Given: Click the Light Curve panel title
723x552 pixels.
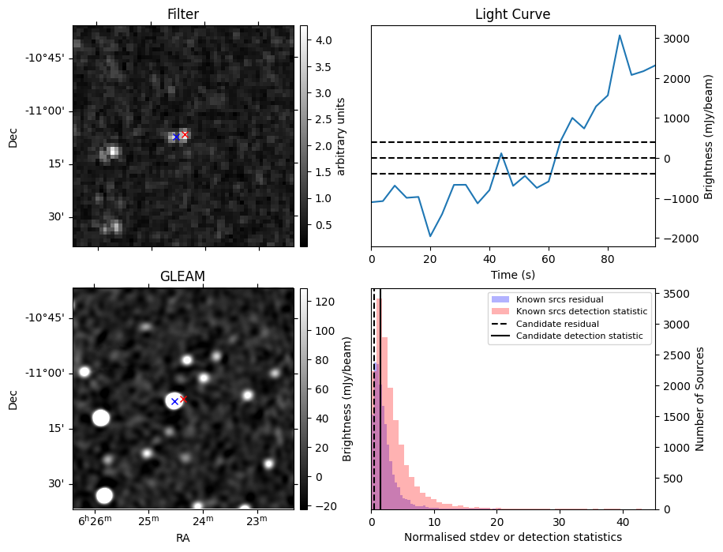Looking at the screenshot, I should pyautogui.click(x=512, y=14).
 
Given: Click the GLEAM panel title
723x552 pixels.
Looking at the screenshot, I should pyautogui.click(x=182, y=276).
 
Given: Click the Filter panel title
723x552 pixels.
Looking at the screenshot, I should pyautogui.click(x=182, y=14).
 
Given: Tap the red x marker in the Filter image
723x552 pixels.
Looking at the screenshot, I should pyautogui.click(x=185, y=134).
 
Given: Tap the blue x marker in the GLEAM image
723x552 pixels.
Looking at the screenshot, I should pyautogui.click(x=174, y=402).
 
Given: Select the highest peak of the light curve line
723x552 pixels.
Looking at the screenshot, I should pyautogui.click(x=620, y=36).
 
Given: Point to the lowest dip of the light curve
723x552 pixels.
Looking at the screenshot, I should pyautogui.click(x=430, y=236).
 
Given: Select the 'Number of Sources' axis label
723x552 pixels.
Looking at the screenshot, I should pyautogui.click(x=699, y=399).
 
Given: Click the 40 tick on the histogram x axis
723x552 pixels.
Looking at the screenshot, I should pyautogui.click(x=623, y=522).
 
